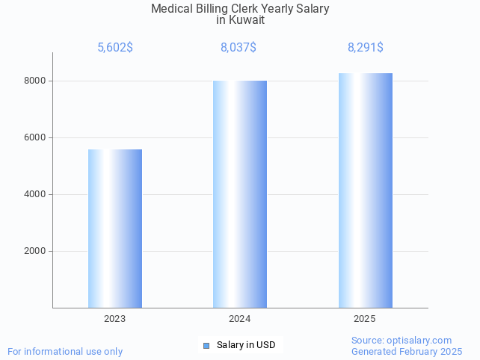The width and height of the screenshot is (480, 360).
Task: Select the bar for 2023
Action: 115,228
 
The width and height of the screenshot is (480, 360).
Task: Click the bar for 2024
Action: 240,193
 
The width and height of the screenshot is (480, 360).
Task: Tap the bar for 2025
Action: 365,190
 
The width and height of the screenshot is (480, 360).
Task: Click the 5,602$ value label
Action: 115,48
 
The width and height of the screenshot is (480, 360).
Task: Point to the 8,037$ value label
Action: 239,48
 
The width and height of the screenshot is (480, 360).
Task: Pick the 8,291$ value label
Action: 366,48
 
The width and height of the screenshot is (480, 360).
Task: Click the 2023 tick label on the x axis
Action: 115,319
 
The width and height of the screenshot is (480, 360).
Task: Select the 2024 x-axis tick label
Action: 240,319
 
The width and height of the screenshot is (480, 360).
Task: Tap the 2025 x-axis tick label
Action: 365,319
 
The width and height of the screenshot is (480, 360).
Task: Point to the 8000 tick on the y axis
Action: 34,81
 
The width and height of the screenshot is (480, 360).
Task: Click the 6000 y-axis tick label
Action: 34,137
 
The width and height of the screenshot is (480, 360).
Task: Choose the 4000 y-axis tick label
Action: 34,194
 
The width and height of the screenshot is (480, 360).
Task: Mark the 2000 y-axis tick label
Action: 34,251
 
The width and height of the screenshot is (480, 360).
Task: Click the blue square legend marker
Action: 206,345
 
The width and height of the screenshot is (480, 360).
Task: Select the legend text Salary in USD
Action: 246,345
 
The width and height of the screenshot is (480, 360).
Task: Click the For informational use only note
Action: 65,351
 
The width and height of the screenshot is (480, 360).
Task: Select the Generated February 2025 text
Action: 407,351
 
